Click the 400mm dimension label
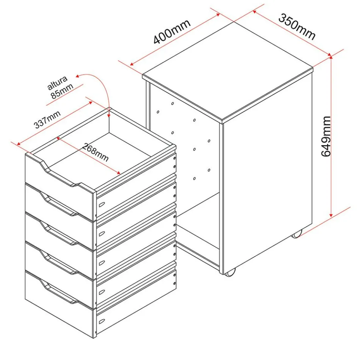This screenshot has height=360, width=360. coord(172,31)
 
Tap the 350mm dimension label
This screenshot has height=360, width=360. coord(297,27)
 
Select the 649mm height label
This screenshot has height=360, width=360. coord(326,136)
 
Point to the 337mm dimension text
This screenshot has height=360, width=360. coord(47,119)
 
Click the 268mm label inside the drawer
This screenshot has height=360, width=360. coord(95,152)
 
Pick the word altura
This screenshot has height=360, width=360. coord(57,83)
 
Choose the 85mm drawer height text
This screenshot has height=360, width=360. coord(62,91)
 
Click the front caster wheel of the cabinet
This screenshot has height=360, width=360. coord(230,273)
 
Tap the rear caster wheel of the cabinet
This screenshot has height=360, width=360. coord(297,234)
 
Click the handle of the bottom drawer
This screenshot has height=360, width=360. coord(59,291)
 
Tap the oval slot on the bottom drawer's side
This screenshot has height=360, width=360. coord(102,321)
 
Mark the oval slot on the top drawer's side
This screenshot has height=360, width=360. coord(102,204)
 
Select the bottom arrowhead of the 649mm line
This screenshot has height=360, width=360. coord(331,215)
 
